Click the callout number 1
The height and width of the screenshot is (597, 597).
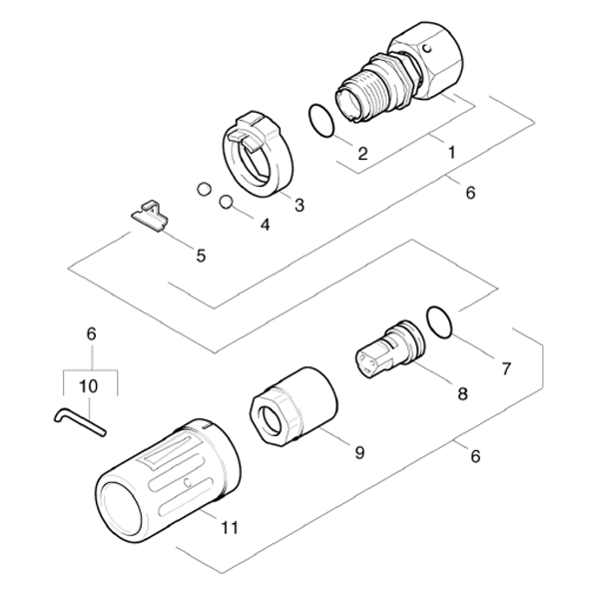tap(451, 153)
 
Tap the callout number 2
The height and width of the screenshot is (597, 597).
tap(362, 153)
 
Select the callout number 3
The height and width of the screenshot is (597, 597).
tap(299, 205)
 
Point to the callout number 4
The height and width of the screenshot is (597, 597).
tap(265, 225)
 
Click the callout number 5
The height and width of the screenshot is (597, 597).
tap(201, 256)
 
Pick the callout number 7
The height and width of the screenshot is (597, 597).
tap(506, 368)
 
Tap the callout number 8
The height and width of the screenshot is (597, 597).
tap(462, 393)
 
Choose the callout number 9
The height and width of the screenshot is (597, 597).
tap(359, 452)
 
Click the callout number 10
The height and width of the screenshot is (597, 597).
tap(88, 386)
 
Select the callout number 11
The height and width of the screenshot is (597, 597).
tap(230, 528)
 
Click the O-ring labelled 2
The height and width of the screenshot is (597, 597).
tap(321, 121)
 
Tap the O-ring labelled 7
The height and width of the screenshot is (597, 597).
tap(439, 321)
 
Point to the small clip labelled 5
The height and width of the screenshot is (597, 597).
tap(150, 216)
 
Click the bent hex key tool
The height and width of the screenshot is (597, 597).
tap(79, 421)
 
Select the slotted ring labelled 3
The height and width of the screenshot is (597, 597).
tap(258, 154)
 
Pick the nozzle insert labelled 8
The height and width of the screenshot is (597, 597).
tap(390, 349)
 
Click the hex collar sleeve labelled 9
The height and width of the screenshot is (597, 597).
tap(294, 405)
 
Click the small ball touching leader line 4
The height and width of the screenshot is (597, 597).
tap(227, 202)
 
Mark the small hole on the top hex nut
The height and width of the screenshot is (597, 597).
tap(428, 49)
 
